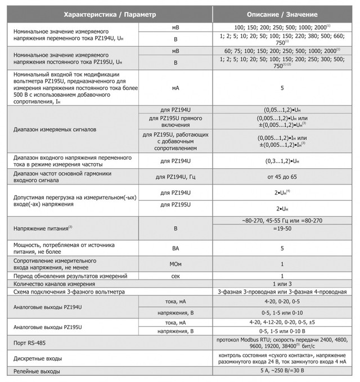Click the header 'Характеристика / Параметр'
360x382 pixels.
(x=109, y=14)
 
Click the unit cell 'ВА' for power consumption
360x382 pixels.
(x=175, y=248)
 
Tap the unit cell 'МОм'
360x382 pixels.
(x=175, y=263)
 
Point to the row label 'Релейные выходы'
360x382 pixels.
(x=37, y=372)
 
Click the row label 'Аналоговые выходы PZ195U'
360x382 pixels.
(x=47, y=327)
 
